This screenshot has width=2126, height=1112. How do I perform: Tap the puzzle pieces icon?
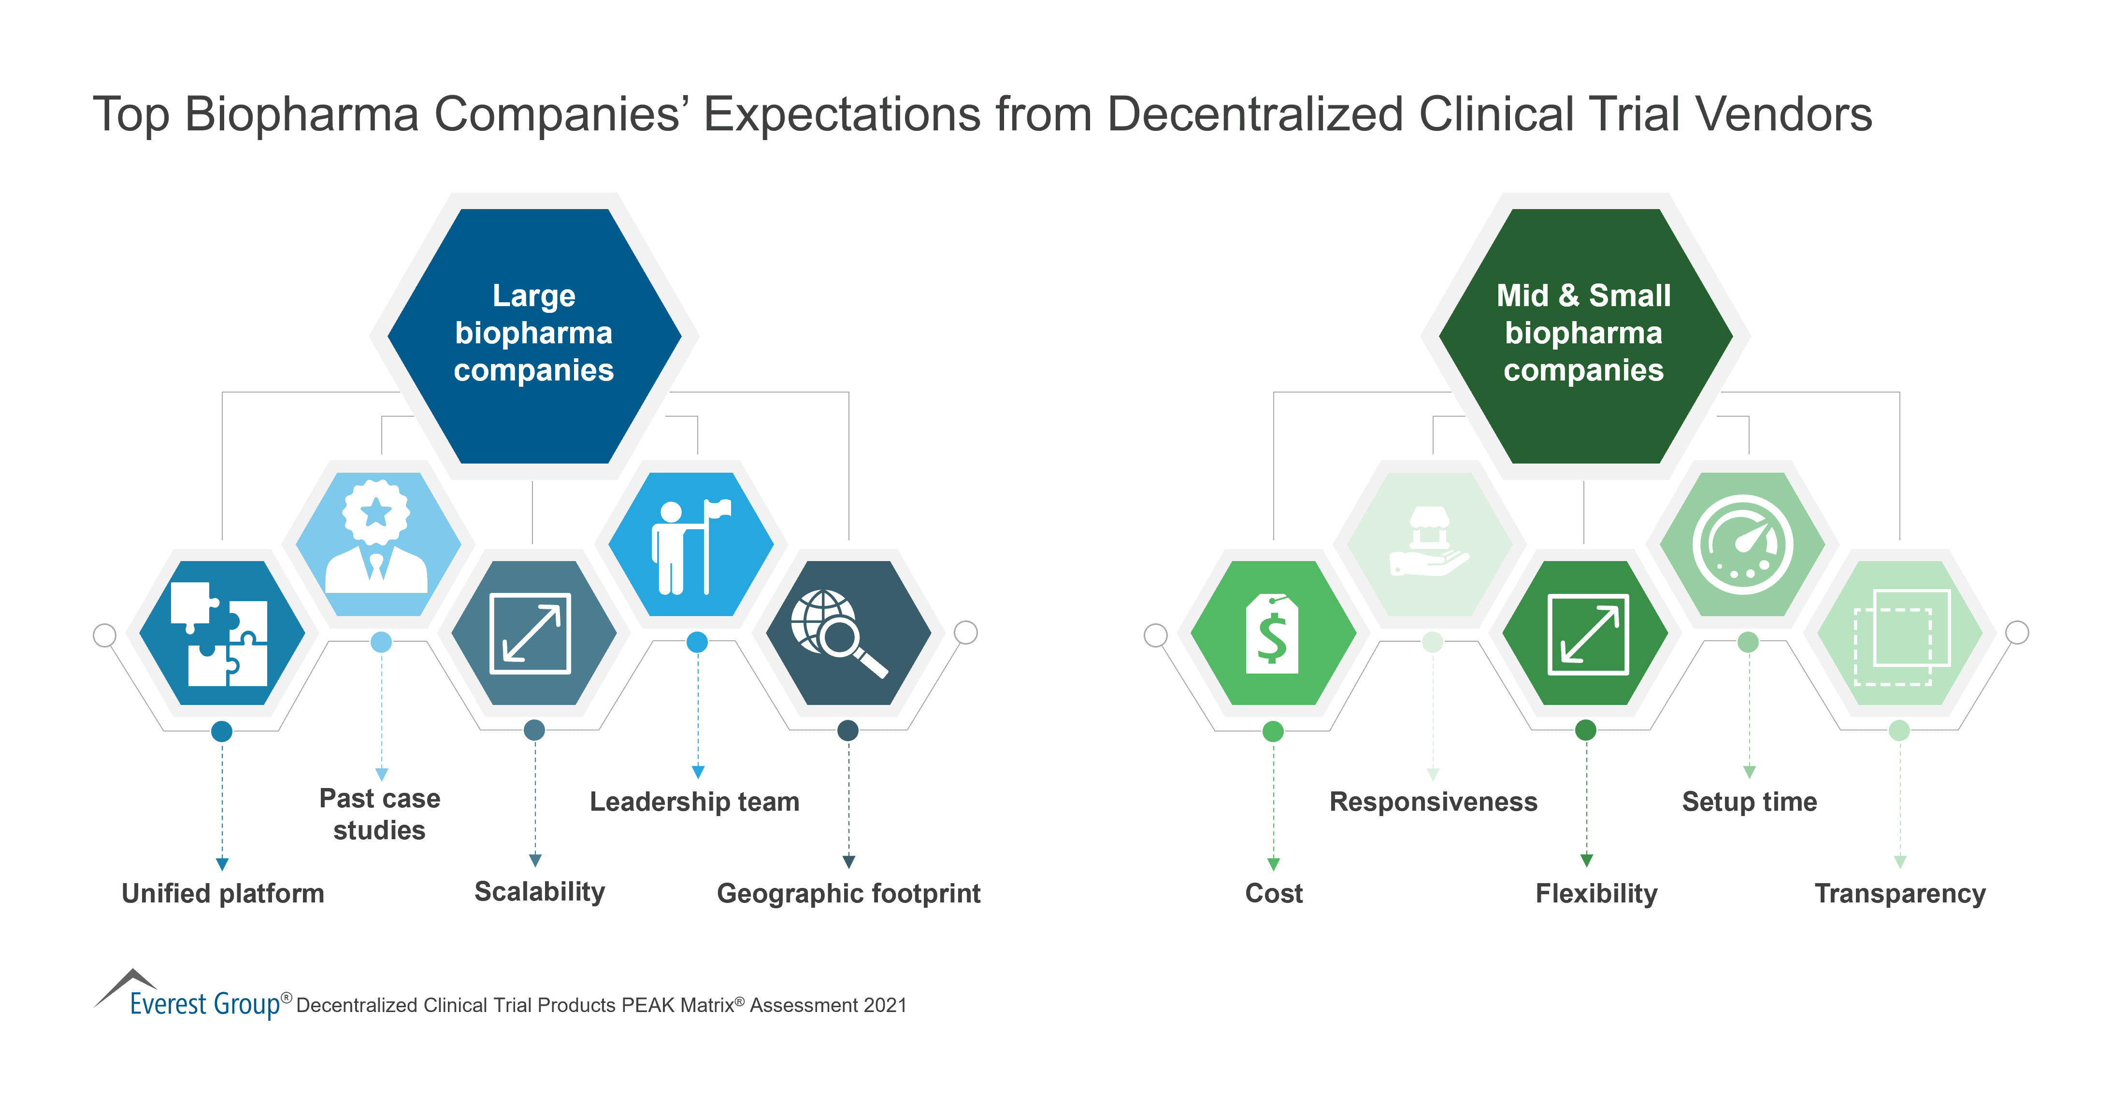tap(219, 633)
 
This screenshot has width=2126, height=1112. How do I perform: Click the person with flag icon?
tap(691, 546)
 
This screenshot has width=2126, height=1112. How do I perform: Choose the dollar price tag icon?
tap(1272, 633)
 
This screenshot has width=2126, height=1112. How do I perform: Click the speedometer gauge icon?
tap(1742, 545)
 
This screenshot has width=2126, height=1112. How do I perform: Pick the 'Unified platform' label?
tap(223, 893)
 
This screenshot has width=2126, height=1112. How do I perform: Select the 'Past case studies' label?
tap(380, 814)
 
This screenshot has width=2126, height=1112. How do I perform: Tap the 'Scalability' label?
tap(540, 892)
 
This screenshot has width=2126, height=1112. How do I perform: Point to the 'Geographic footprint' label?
tap(848, 893)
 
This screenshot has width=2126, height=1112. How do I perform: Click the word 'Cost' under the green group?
tap(1274, 893)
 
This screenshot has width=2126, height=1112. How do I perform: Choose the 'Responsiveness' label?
tap(1434, 802)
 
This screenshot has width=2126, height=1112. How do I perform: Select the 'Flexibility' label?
tap(1596, 893)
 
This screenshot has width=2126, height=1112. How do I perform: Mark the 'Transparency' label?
tap(1900, 893)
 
